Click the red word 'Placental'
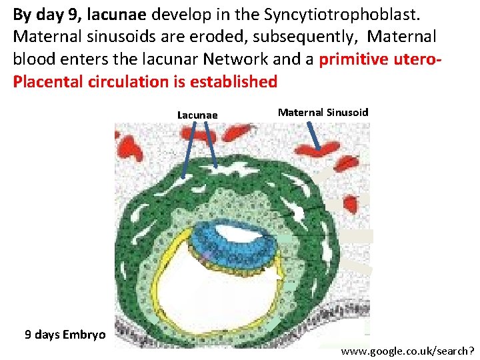[x=45, y=81]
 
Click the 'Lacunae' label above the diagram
[x=197, y=115]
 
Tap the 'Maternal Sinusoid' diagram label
[x=323, y=112]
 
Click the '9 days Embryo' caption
[x=65, y=334]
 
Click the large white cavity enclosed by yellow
[x=213, y=293]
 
